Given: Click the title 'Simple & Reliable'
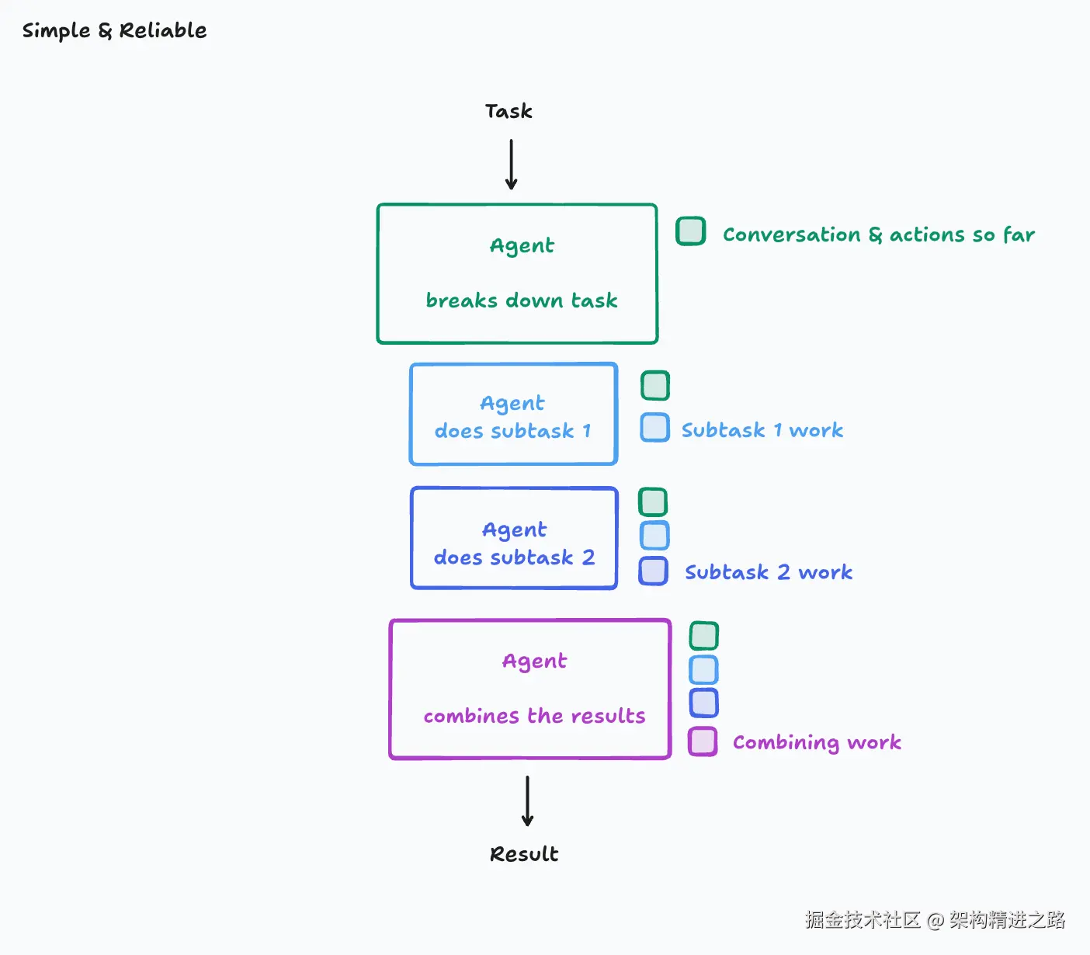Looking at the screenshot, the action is (x=114, y=30).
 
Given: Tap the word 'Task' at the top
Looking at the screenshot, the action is (x=509, y=111).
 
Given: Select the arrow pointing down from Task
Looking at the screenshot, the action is (x=511, y=164).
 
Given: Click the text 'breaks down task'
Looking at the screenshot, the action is (x=522, y=300).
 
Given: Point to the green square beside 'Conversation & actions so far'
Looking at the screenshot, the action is (x=691, y=231).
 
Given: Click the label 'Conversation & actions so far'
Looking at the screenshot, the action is (x=879, y=234).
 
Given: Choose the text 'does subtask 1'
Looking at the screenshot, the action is (x=512, y=431).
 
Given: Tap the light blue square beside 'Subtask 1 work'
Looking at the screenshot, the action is (x=654, y=427).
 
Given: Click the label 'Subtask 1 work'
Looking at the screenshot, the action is (x=762, y=430).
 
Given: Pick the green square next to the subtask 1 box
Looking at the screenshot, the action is (x=654, y=385).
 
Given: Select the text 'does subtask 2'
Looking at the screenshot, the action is (x=514, y=557).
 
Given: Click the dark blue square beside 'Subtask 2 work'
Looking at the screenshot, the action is (x=653, y=571).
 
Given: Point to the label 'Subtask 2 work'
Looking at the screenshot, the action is (x=769, y=572).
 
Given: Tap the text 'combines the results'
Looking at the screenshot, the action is (x=534, y=716).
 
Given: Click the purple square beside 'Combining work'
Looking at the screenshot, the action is (x=703, y=741).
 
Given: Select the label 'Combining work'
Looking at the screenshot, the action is (x=817, y=742).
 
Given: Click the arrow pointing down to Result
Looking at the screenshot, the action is (x=527, y=800).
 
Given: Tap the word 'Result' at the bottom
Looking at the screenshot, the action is (x=524, y=854).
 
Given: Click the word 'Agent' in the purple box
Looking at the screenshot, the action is (x=534, y=662).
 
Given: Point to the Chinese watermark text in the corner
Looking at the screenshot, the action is (x=935, y=919).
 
